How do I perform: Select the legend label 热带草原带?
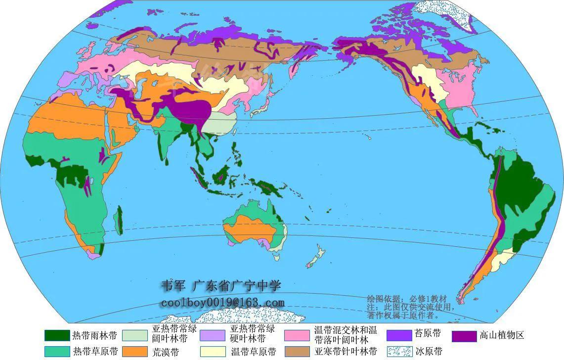[x=95, y=352]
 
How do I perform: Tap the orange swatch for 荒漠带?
[x=135, y=352]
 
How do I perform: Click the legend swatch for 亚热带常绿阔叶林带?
[x=135, y=335]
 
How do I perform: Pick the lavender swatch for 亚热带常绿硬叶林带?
[x=213, y=335]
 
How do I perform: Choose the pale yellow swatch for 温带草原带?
[x=213, y=352]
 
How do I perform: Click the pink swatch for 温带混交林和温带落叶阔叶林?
[x=297, y=335]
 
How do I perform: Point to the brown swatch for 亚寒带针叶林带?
[x=297, y=352]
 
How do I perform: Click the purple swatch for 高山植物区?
[x=464, y=335]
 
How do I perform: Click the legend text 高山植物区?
[x=501, y=335]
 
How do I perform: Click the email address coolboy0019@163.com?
[x=222, y=303]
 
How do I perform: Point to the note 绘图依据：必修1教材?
[x=406, y=299]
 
